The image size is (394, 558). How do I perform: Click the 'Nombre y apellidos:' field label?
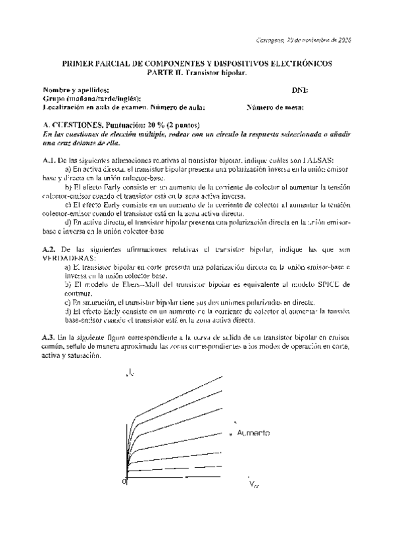coord(72,90)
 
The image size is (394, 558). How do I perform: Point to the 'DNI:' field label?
coord(300,90)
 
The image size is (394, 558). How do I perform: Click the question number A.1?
coord(48,159)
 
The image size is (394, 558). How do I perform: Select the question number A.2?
coord(48,251)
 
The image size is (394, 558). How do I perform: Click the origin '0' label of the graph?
coord(124,482)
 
